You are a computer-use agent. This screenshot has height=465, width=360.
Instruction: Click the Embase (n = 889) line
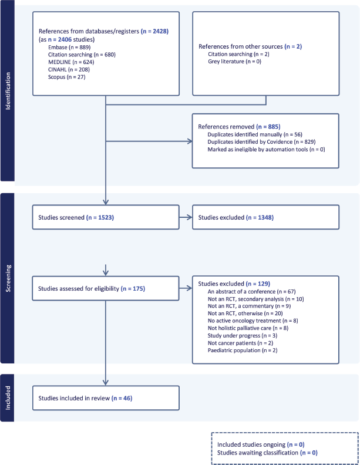[69, 47]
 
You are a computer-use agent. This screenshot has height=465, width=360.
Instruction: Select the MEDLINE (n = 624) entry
[71, 62]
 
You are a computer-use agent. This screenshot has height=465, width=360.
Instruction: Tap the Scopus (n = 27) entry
[67, 77]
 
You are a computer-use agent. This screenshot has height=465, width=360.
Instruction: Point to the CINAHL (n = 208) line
[69, 69]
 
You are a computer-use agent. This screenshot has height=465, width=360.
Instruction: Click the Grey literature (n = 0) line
[234, 62]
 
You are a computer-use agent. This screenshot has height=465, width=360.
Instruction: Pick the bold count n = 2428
[155, 31]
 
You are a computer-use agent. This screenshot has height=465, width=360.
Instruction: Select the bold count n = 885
[268, 127]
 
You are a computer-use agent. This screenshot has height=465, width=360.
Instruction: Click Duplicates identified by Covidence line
[261, 141]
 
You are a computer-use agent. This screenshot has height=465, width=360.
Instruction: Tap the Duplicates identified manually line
[255, 134]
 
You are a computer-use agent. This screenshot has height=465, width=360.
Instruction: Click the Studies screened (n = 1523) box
[106, 217]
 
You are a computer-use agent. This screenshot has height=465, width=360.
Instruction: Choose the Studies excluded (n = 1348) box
[265, 217]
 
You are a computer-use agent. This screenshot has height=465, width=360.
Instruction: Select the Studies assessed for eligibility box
[106, 288]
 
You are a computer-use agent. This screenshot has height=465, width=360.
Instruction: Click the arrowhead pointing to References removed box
[190, 141]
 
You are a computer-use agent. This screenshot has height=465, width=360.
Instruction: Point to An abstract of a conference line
[252, 292]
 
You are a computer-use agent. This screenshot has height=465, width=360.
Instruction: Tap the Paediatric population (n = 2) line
[243, 351]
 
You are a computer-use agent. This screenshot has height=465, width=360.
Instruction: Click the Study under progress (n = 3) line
[243, 335]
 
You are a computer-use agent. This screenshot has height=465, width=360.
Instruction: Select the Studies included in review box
[106, 398]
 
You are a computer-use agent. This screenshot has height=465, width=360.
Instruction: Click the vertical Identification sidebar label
[8, 91]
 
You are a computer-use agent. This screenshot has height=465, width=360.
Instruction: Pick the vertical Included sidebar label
[8, 397]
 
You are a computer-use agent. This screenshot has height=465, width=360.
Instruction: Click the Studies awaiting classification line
[267, 453]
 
